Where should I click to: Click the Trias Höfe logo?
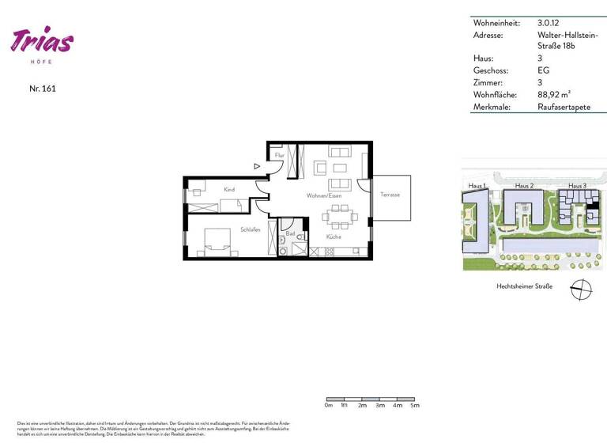click(x=43, y=42)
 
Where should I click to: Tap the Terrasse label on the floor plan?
click(x=390, y=195)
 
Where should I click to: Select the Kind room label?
click(x=229, y=190)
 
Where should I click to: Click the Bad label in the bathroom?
click(x=290, y=234)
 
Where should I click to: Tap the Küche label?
click(x=333, y=237)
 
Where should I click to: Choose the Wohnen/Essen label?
click(x=324, y=195)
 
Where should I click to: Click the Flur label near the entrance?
click(x=279, y=156)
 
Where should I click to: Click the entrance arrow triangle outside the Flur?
click(x=258, y=166)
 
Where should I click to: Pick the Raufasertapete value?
click(x=564, y=106)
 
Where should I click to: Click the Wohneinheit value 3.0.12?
click(x=550, y=23)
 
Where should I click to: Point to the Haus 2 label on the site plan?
click(x=524, y=186)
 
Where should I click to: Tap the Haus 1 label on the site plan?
click(x=477, y=186)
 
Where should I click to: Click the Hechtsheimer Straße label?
click(x=524, y=286)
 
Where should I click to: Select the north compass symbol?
click(x=581, y=290)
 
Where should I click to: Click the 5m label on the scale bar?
click(x=415, y=405)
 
